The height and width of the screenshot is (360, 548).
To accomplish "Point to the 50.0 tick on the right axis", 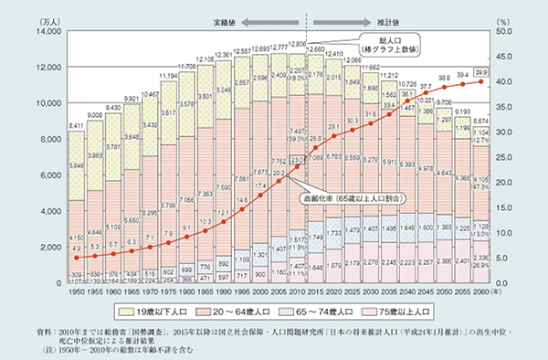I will tap(505, 32).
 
